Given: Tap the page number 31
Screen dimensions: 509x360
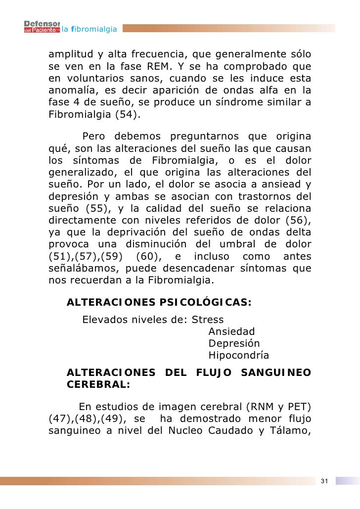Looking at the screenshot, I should tap(324, 481).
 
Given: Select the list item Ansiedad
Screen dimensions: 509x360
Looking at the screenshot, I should tap(231, 331).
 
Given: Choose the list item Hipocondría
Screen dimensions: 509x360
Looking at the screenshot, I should tap(239, 355).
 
